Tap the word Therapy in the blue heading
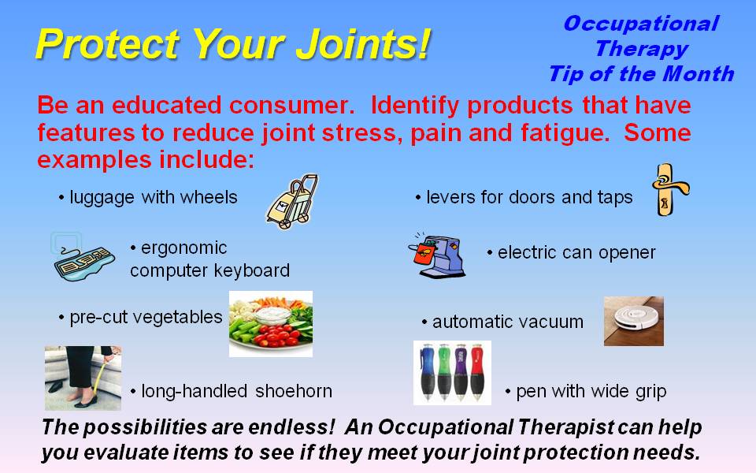(641, 49)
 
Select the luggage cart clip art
(291, 202)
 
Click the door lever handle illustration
(670, 189)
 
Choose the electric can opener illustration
(438, 255)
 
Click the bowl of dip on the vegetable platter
(272, 315)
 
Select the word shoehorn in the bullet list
(294, 391)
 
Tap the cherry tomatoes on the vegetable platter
(275, 337)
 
